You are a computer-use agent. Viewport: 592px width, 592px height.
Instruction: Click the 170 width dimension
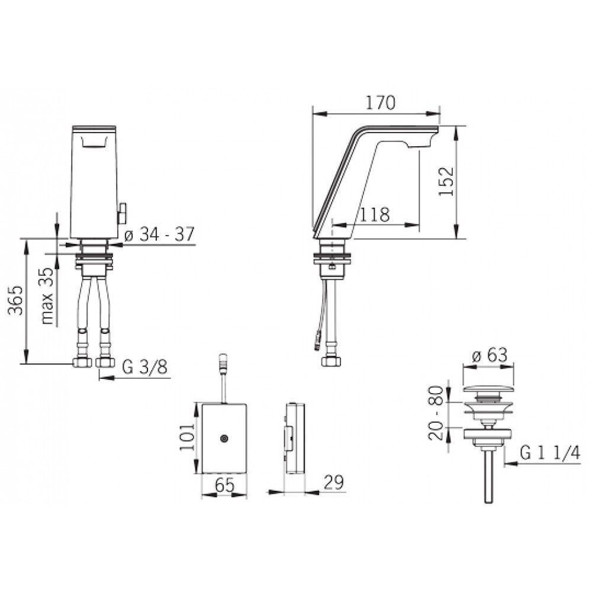pyautogui.click(x=380, y=102)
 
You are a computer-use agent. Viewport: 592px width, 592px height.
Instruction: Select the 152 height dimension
pyautogui.click(x=446, y=181)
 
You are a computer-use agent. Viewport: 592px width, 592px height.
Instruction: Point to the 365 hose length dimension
pyautogui.click(x=16, y=300)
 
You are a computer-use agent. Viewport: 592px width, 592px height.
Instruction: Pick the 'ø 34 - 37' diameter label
pyautogui.click(x=159, y=235)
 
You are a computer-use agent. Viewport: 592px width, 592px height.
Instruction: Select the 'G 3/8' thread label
pyautogui.click(x=144, y=366)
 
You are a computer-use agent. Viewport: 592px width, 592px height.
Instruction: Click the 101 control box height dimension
pyautogui.click(x=187, y=437)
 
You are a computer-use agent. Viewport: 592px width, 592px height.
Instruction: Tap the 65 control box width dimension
pyautogui.click(x=224, y=485)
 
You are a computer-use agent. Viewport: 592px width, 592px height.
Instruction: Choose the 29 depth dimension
pyautogui.click(x=334, y=482)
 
